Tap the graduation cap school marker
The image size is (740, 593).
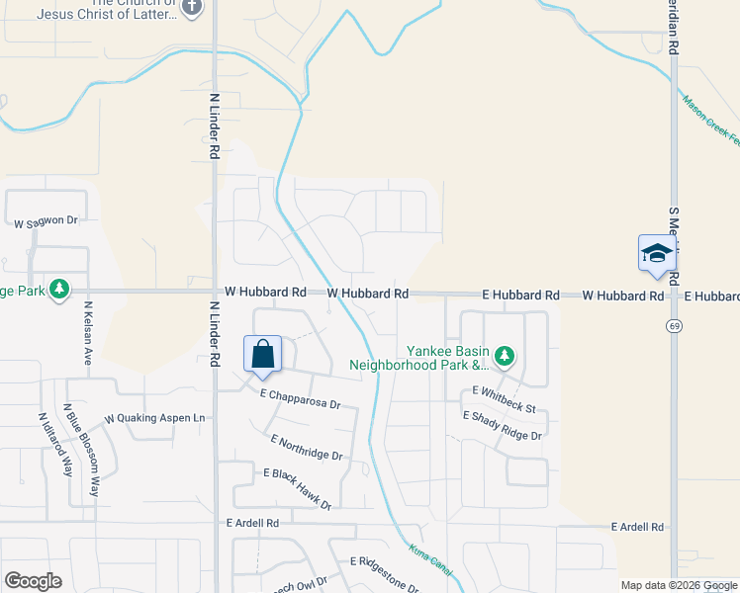coord(657,254)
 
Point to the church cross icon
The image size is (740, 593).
coord(192,9)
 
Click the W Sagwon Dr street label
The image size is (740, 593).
coord(46,220)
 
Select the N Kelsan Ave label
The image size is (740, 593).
coord(87,333)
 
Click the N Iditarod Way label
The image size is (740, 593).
coord(67,444)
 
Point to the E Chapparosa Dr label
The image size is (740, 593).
coord(301,399)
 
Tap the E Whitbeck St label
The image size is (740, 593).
coord(504,399)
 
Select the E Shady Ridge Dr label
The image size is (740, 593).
coord(504,426)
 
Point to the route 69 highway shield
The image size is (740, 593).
coord(673,326)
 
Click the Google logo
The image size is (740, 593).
coord(33,580)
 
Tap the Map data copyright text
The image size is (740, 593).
coord(679,585)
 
